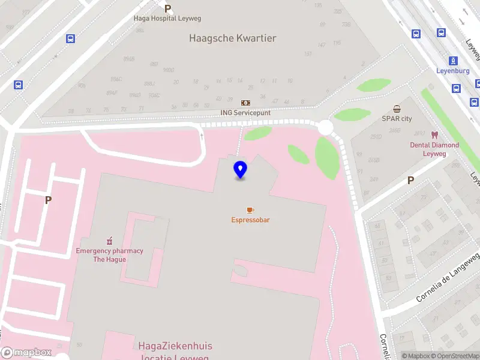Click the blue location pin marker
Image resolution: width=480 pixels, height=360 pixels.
(x=241, y=169)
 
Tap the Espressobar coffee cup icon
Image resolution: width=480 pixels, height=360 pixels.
(x=250, y=210)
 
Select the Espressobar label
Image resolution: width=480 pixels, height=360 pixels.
(x=250, y=220)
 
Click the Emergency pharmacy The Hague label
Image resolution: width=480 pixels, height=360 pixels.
(x=109, y=255)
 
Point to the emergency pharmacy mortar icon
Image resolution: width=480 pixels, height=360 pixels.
(x=109, y=241)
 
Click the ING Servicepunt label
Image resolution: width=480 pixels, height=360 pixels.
(x=245, y=113)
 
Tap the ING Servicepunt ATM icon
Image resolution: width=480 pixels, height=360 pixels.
(x=245, y=103)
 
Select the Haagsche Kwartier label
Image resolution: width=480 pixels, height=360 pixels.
(x=232, y=38)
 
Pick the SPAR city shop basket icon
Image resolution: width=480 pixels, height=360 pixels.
(x=397, y=109)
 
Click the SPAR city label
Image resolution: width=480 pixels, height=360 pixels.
(x=397, y=119)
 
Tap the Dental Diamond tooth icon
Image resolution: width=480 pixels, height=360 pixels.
(x=435, y=135)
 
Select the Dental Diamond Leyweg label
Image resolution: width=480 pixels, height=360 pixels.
(x=434, y=149)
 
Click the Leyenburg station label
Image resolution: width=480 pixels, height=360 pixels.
(x=452, y=71)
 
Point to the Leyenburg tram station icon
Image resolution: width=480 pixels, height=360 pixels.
(x=453, y=61)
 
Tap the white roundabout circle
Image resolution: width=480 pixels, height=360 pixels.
(x=325, y=127)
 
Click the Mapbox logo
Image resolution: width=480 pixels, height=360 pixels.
(x=25, y=353)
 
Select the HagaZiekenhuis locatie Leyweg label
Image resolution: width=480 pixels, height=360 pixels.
(x=175, y=352)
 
